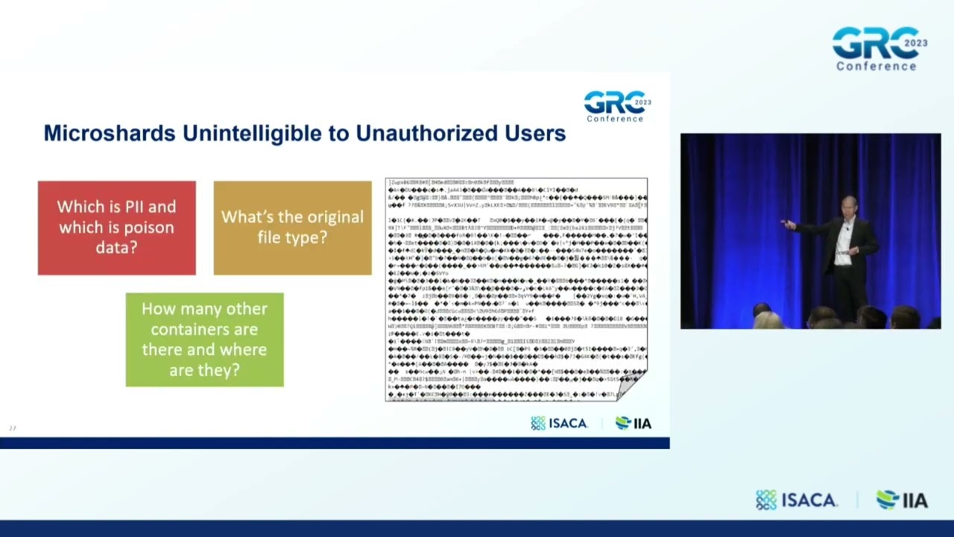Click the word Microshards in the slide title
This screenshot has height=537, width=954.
(110, 134)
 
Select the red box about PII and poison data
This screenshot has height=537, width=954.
(117, 227)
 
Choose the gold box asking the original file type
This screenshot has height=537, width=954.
(292, 227)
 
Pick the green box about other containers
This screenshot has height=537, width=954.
(204, 339)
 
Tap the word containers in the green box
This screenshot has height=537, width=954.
(204, 329)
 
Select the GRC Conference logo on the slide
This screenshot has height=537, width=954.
(616, 106)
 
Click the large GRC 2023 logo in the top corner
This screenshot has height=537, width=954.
(878, 48)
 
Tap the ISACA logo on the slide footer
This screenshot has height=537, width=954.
(560, 423)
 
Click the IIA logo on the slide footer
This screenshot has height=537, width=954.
(634, 423)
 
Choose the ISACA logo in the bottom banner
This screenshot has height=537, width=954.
(797, 500)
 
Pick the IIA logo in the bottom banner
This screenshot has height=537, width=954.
(902, 500)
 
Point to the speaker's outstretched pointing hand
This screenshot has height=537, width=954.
(786, 224)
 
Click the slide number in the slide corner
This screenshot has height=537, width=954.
(12, 428)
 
